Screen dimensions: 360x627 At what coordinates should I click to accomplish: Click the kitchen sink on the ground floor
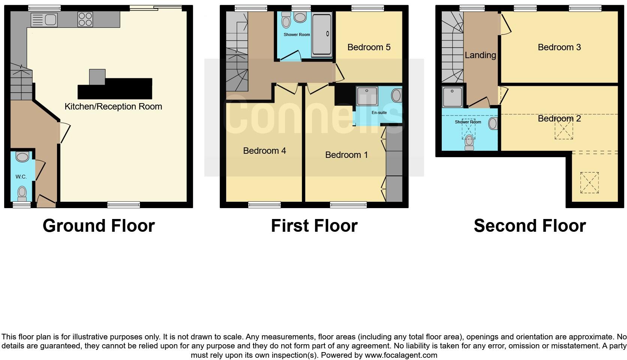coord(44,19)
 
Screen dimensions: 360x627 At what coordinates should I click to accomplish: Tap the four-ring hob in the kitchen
coord(85,19)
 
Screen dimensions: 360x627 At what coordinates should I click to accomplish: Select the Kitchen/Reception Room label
coord(113,106)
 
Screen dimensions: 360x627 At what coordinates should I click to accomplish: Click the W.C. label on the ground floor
coord(21,177)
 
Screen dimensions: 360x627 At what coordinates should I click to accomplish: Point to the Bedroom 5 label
coord(369,47)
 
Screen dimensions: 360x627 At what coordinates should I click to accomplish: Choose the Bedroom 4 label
coord(264,151)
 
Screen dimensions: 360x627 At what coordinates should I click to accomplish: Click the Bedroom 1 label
coord(346,155)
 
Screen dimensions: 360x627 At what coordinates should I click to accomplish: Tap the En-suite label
coord(379,112)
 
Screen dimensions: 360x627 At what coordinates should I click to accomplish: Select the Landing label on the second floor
coord(480,55)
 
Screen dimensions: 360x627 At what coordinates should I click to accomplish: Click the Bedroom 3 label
coord(559,47)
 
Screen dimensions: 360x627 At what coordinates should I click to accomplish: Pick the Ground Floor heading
coord(99,226)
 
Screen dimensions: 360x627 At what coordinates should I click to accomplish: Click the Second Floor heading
coord(529,226)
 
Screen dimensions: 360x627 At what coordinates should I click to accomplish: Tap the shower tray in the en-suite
coord(367,96)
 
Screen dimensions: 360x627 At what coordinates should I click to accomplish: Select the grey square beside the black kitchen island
coord(97,77)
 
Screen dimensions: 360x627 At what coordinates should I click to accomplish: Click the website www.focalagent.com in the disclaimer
coord(400,355)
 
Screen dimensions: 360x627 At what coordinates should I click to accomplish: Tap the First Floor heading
coord(314,226)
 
